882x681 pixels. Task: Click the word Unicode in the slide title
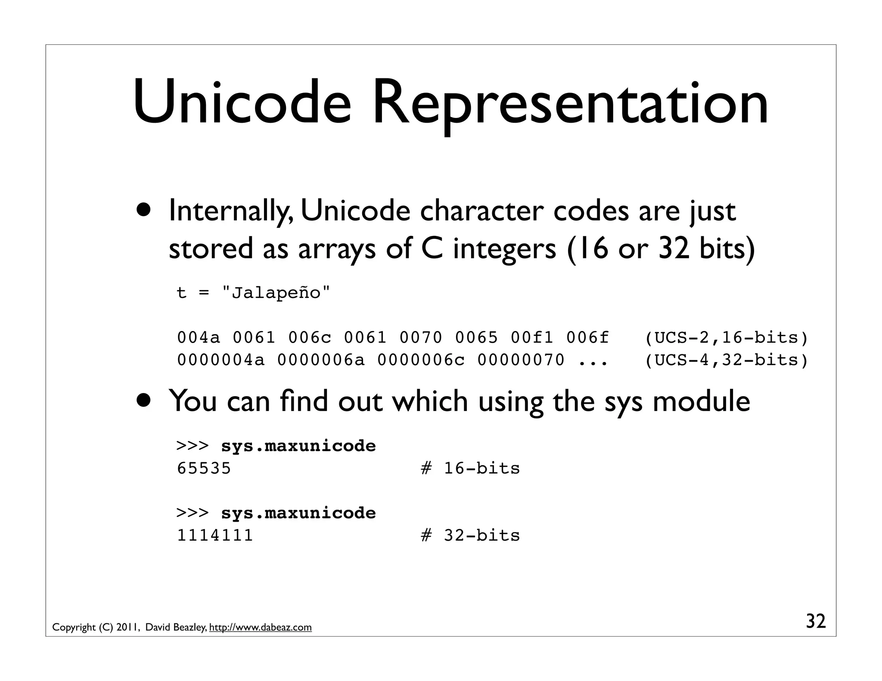click(242, 103)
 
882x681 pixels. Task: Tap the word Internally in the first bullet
click(231, 211)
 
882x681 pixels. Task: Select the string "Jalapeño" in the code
click(276, 293)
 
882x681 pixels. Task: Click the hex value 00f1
click(532, 338)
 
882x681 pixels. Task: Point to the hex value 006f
click(587, 338)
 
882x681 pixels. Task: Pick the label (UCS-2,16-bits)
click(726, 338)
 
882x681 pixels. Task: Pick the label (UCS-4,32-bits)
click(726, 360)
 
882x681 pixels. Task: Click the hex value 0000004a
click(220, 360)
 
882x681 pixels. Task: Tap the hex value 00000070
click(521, 360)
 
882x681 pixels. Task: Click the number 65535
click(204, 468)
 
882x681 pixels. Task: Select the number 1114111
click(215, 536)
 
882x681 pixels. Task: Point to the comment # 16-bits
click(470, 468)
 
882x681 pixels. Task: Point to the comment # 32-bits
click(470, 536)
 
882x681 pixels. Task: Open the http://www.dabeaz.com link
click(260, 628)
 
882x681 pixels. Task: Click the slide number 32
click(816, 622)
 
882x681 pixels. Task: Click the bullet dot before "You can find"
click(145, 401)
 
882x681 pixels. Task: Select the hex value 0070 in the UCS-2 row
click(421, 338)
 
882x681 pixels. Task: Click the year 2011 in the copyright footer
click(127, 628)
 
